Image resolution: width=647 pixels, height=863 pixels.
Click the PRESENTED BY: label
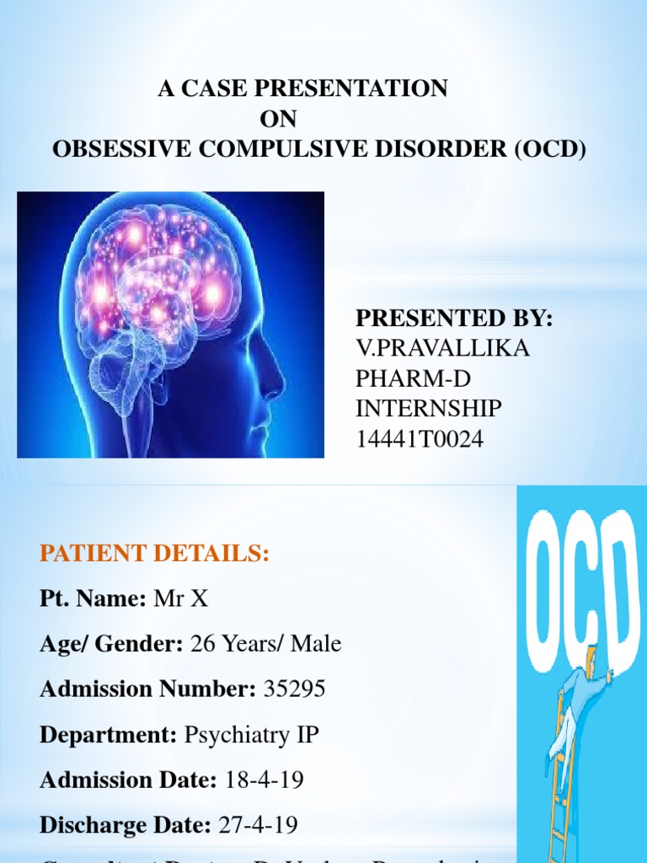(x=453, y=319)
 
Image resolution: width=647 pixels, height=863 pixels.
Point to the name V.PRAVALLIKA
(x=442, y=349)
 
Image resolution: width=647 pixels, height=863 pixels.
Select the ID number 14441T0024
(x=420, y=439)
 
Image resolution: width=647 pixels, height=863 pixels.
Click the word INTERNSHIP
(x=428, y=410)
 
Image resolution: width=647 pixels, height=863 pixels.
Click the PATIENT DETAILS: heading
(x=154, y=554)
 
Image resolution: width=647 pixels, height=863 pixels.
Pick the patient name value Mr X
(x=181, y=599)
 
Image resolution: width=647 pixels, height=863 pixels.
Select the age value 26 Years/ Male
(x=266, y=645)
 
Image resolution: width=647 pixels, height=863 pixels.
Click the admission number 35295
(x=294, y=690)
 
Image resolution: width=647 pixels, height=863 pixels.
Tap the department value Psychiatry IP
(x=251, y=735)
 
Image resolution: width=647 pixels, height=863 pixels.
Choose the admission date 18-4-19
(x=265, y=780)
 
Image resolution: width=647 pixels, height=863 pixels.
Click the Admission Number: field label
(x=147, y=690)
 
